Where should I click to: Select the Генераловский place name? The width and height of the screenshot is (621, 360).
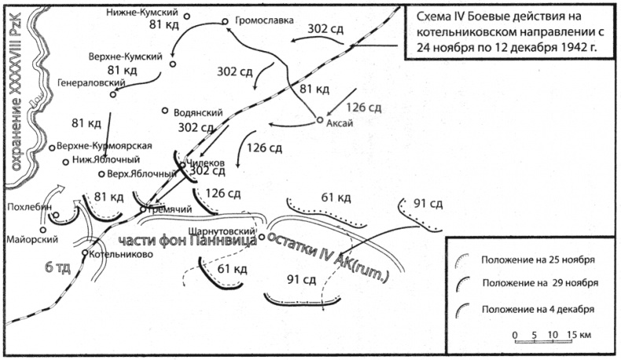(x=86, y=81)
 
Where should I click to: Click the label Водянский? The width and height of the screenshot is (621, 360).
(x=200, y=112)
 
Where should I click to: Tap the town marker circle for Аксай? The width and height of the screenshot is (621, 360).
(x=320, y=120)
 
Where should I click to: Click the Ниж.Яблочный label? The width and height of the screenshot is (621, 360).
(x=101, y=160)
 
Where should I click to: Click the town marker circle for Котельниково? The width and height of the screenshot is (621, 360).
(x=85, y=253)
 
